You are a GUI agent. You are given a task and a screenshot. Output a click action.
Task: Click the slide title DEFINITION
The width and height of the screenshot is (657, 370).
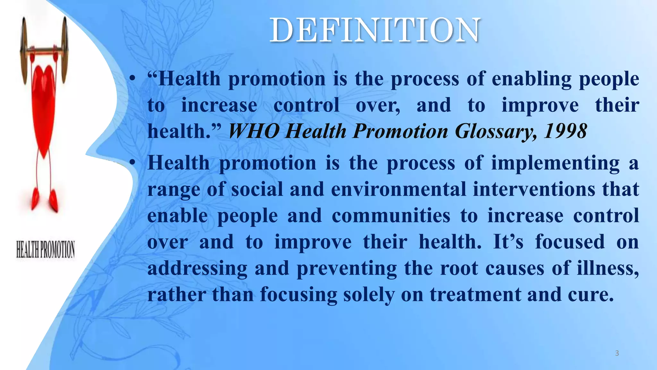click(375, 31)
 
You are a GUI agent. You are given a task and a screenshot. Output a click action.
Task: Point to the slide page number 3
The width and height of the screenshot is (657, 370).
click(617, 353)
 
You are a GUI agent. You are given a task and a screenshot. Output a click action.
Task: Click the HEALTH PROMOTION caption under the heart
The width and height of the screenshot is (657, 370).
click(46, 250)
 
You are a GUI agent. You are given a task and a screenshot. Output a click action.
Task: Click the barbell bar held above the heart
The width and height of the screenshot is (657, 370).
click(44, 50)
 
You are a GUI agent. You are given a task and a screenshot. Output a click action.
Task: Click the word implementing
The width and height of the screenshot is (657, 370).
click(555, 163)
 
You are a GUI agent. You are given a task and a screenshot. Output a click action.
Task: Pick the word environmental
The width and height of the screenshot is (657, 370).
click(398, 189)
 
